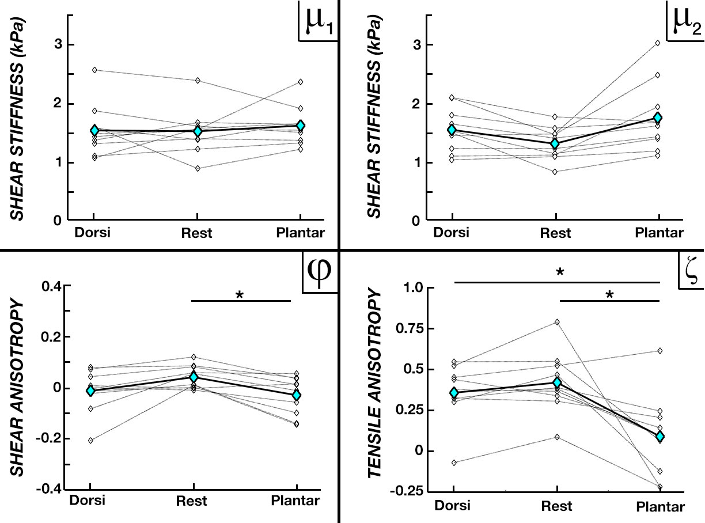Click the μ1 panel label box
[317, 21]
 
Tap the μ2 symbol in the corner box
[685, 21]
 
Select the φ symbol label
[321, 271]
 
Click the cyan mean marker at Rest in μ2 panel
[555, 143]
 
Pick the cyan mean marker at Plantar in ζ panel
[659, 437]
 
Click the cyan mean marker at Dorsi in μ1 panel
[94, 131]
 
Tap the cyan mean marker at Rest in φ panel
[194, 377]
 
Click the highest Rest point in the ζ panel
[557, 322]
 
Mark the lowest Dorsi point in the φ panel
[91, 440]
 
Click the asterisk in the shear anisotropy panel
[239, 295]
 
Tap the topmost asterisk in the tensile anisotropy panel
[560, 272]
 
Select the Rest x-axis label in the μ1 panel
[197, 233]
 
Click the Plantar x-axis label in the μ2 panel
[659, 233]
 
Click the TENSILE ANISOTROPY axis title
[376, 392]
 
